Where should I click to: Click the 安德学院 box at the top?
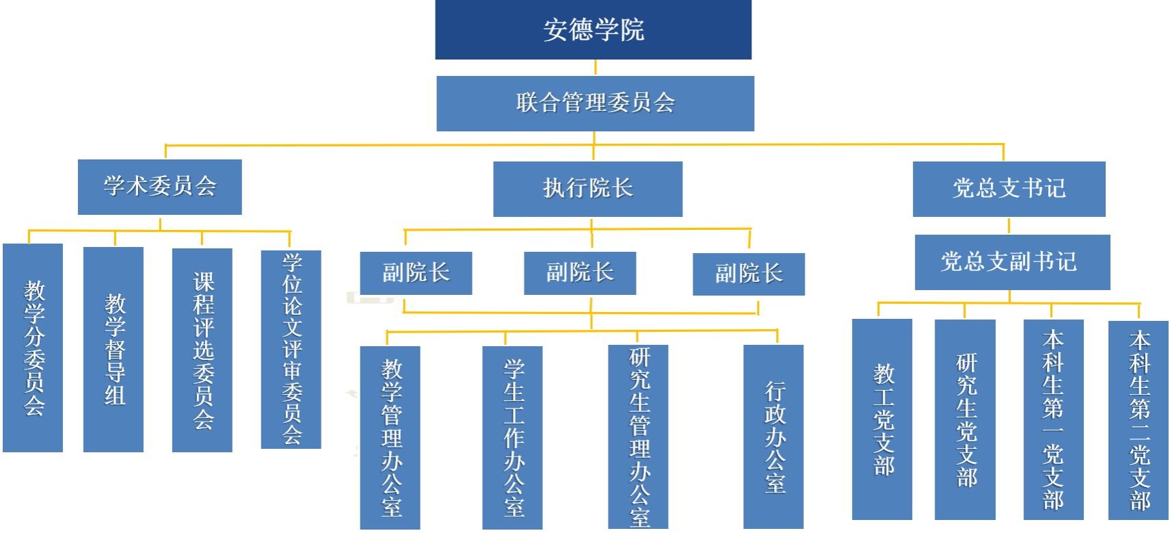593,29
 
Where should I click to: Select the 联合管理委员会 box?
595,103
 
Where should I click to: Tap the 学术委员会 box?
159,187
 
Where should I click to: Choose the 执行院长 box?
587,189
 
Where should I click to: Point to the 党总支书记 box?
1009,189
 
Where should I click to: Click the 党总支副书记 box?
1012,262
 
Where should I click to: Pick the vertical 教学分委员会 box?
33,348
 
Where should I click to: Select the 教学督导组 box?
114,349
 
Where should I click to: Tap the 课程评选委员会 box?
202,350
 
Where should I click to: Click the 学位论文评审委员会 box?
291,350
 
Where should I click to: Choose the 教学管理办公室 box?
390,437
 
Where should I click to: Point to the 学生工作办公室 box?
512,437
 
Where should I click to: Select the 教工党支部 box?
882,419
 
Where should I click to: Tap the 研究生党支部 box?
965,419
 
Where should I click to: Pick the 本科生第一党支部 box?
1053,419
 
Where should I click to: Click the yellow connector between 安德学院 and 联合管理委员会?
595,68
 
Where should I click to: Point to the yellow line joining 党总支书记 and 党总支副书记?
1009,226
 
